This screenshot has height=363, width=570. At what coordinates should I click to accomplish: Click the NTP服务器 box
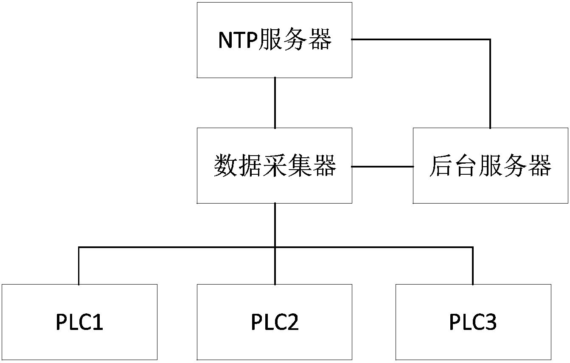tap(275, 40)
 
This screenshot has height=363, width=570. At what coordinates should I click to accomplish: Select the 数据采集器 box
tap(275, 165)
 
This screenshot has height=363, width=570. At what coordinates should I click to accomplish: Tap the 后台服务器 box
tap(490, 165)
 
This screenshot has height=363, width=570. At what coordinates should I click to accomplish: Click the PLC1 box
tap(80, 322)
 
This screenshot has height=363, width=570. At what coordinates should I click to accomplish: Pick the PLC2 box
tap(275, 322)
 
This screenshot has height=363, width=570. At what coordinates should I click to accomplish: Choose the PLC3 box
tap(473, 322)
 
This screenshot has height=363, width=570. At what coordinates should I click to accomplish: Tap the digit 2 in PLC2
tap(293, 322)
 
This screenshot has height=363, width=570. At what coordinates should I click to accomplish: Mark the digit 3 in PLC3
tap(491, 322)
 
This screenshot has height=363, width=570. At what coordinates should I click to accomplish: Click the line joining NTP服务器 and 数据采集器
tap(275, 103)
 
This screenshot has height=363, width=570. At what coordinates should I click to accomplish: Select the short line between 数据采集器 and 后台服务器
tap(382, 167)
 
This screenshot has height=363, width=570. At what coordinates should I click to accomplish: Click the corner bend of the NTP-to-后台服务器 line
tap(490, 39)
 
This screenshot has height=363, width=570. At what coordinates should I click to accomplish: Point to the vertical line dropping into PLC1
tap(79, 266)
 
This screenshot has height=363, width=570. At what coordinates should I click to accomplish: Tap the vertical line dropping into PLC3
tap(473, 266)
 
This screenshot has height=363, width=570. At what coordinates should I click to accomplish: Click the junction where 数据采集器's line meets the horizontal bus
tap(275, 247)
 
